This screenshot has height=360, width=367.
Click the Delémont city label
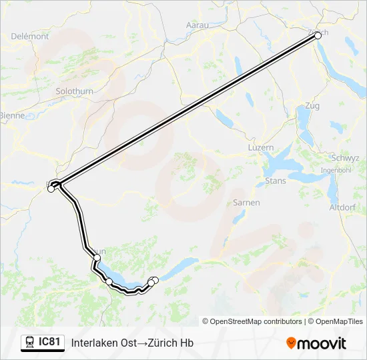pyautogui.click(x=30, y=37)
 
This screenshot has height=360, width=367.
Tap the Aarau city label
pyautogui.click(x=197, y=25)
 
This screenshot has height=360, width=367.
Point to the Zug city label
pyautogui.click(x=312, y=105)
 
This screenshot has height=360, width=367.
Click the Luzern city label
pyautogui.click(x=260, y=147)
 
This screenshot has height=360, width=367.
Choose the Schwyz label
pyautogui.click(x=345, y=159)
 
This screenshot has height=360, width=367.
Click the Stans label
pyautogui.click(x=276, y=181)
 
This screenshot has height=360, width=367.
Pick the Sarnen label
pyautogui.click(x=246, y=202)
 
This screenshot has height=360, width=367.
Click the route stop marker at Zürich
pyautogui.click(x=318, y=36)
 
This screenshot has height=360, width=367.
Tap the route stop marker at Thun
pyautogui.click(x=97, y=257)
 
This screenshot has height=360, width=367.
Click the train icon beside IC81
pyautogui.click(x=29, y=343)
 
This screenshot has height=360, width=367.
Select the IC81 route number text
pyautogui.click(x=49, y=343)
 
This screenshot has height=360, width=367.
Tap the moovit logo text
pyautogui.click(x=322, y=343)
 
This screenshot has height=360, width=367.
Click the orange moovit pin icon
pyautogui.click(x=292, y=343)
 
